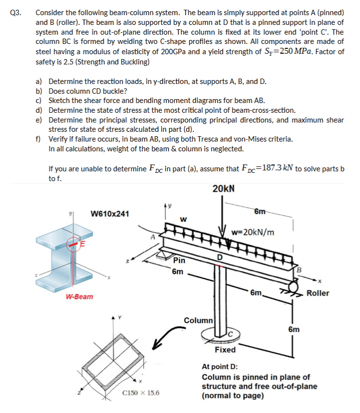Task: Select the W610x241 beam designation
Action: [110, 213]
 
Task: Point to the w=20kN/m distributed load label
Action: [253, 231]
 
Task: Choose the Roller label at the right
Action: [318, 293]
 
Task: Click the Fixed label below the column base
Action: [225, 350]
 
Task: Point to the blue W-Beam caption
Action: [79, 297]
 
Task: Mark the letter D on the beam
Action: [220, 257]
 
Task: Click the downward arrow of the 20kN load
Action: [223, 215]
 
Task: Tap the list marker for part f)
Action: [38, 139]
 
